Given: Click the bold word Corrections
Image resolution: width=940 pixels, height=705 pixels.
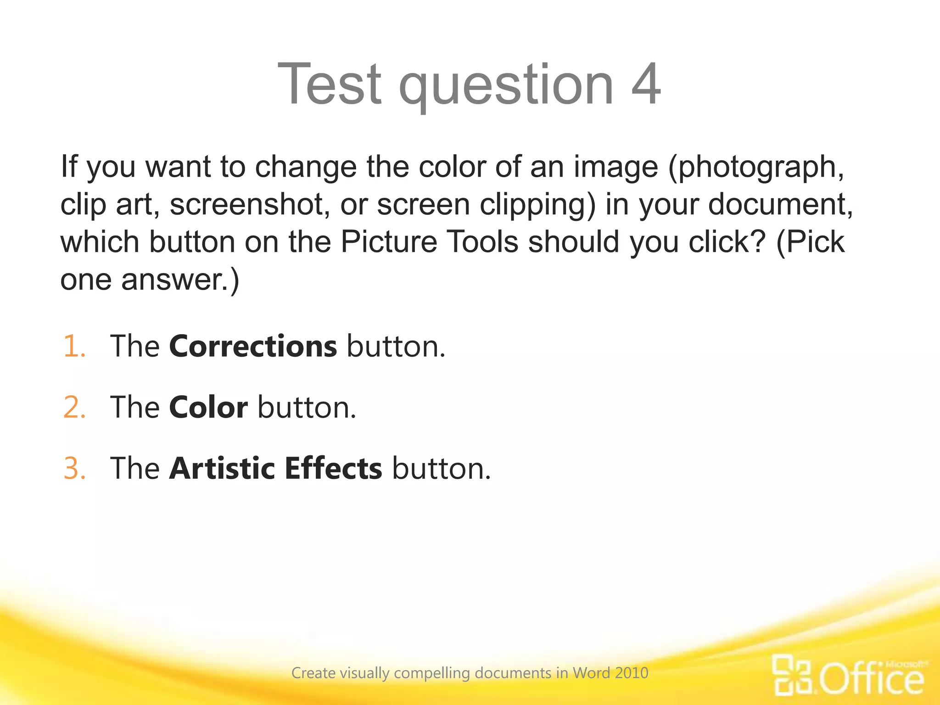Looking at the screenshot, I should [253, 346].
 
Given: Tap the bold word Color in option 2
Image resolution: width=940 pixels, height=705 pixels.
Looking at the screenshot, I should [208, 407].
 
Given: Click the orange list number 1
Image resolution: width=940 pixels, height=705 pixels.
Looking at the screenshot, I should [74, 346].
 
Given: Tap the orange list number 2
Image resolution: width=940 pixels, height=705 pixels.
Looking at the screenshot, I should [74, 407].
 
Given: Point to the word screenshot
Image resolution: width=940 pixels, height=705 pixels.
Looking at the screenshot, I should [250, 205].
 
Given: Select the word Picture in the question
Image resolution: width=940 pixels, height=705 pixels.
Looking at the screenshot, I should [389, 242].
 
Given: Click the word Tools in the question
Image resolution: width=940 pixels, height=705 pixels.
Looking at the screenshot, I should [482, 242].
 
